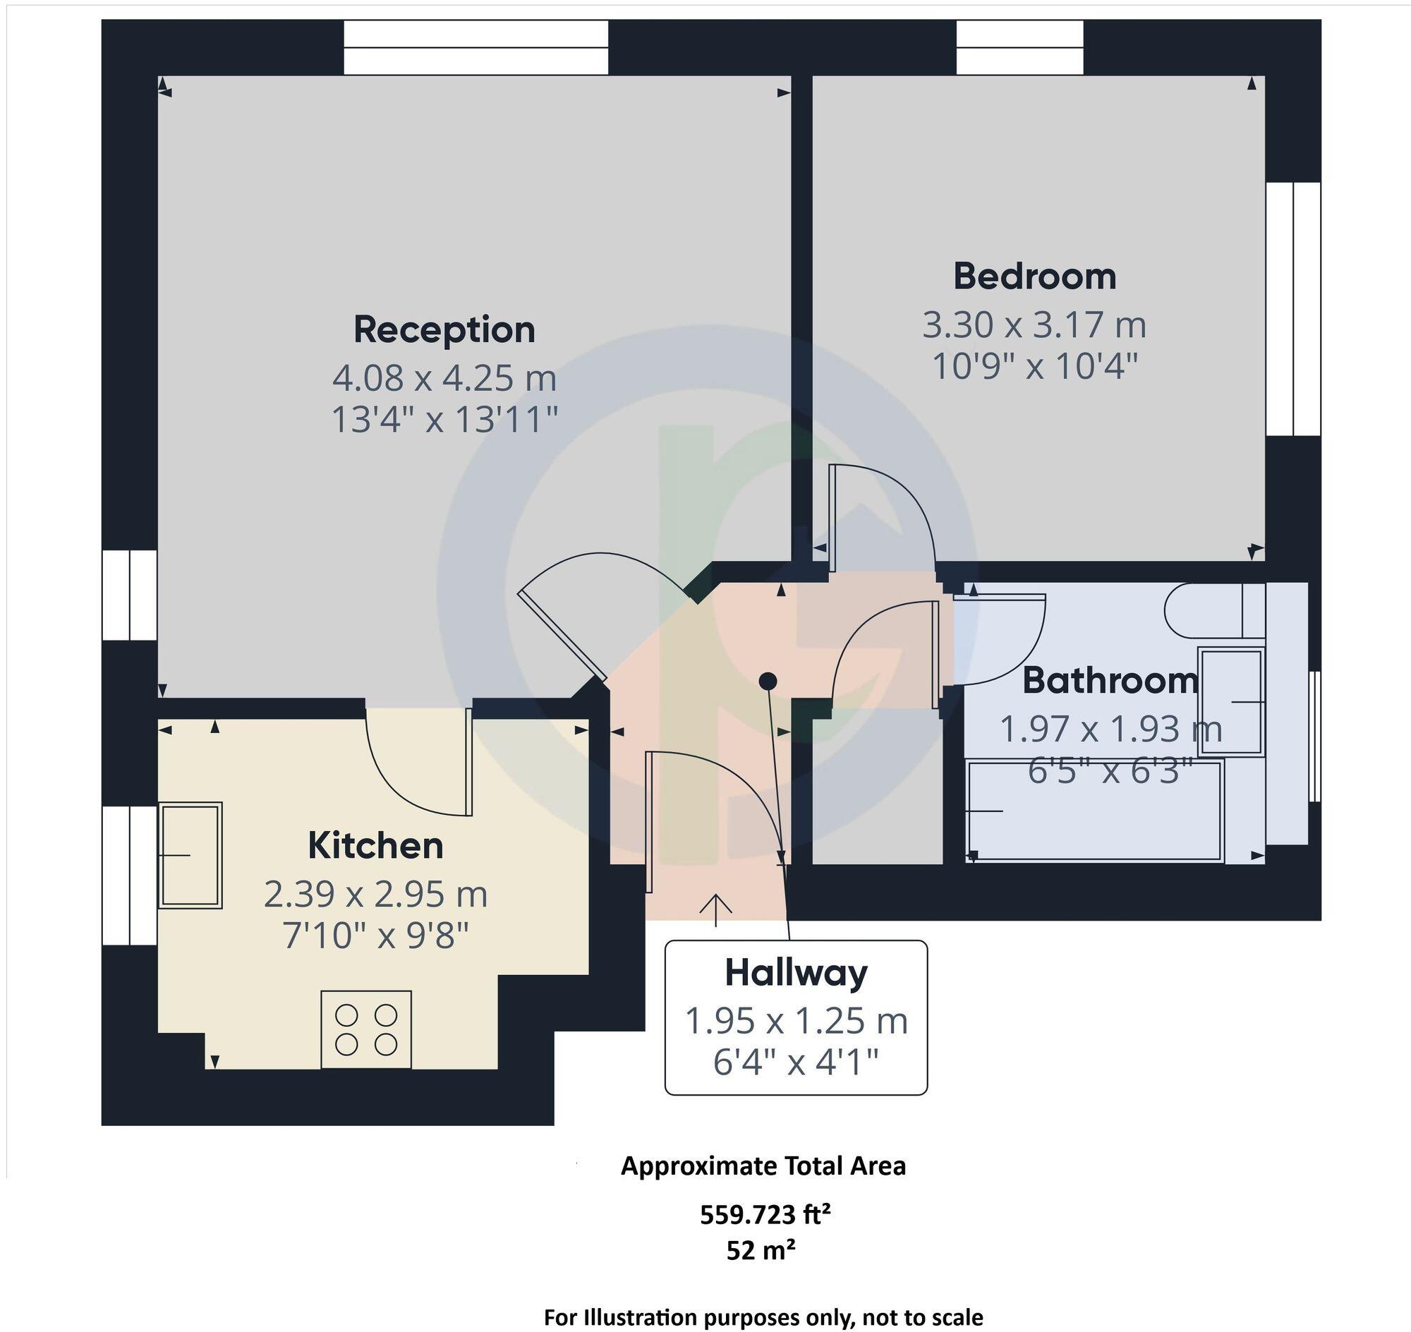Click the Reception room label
(444, 330)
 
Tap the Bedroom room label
(1035, 276)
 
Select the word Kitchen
(375, 846)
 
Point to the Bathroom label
(1110, 680)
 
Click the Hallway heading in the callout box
(796, 973)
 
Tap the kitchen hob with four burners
(365, 1029)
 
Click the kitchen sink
(190, 855)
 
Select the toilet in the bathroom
(1214, 610)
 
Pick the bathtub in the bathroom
(1095, 811)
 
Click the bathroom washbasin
(1230, 701)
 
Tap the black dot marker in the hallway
(768, 682)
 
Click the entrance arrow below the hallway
(716, 910)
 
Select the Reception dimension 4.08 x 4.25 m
(444, 377)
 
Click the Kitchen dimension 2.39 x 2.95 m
(375, 894)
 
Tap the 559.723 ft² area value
(765, 1215)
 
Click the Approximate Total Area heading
(763, 1167)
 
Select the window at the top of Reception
(476, 47)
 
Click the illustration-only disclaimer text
(763, 1317)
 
